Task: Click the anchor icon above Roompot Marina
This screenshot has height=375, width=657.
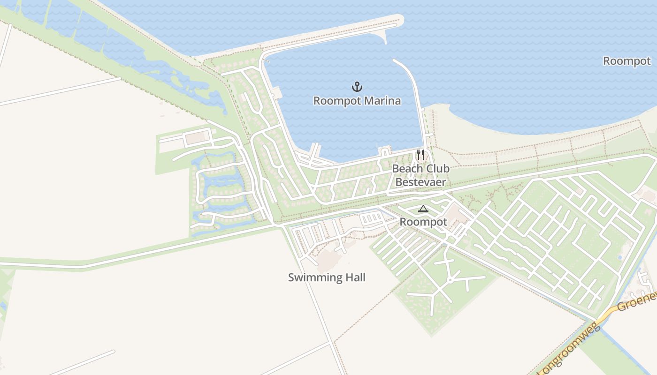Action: (x=357, y=87)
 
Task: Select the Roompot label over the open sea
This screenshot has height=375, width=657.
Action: (x=626, y=61)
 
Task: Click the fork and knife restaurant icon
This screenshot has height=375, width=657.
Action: (x=420, y=155)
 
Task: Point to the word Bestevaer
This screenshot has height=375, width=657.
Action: (x=420, y=182)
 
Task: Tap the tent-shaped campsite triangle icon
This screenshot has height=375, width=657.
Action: (x=423, y=209)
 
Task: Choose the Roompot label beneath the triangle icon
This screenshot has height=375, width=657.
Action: (x=423, y=222)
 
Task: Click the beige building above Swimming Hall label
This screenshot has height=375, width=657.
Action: (x=328, y=259)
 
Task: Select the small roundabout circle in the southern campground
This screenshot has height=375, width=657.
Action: (x=450, y=280)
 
